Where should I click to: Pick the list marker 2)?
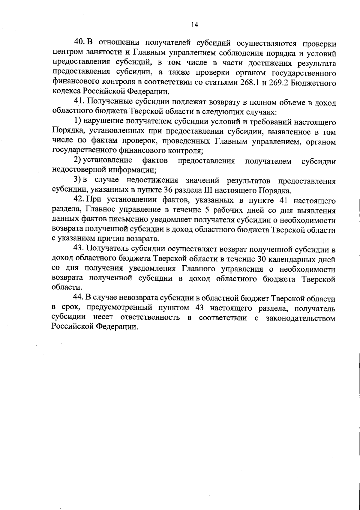click(x=78, y=161)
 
